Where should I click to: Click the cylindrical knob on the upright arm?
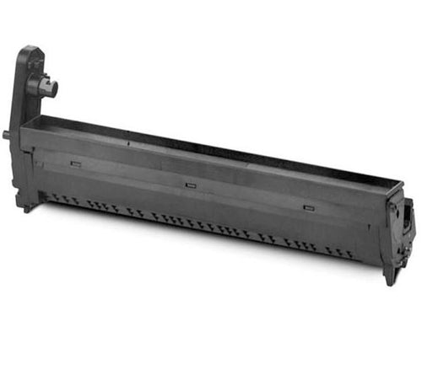pyautogui.click(x=44, y=85)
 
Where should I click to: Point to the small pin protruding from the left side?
pyautogui.click(x=8, y=133)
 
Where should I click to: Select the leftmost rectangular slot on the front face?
pyautogui.click(x=76, y=163)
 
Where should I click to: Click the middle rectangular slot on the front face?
pyautogui.click(x=190, y=184)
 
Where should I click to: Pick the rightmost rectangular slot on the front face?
pyautogui.click(x=308, y=205)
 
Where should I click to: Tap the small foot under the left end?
pyautogui.click(x=28, y=206)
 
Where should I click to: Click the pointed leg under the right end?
pyautogui.click(x=390, y=278)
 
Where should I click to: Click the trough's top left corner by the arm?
pyautogui.click(x=25, y=121)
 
